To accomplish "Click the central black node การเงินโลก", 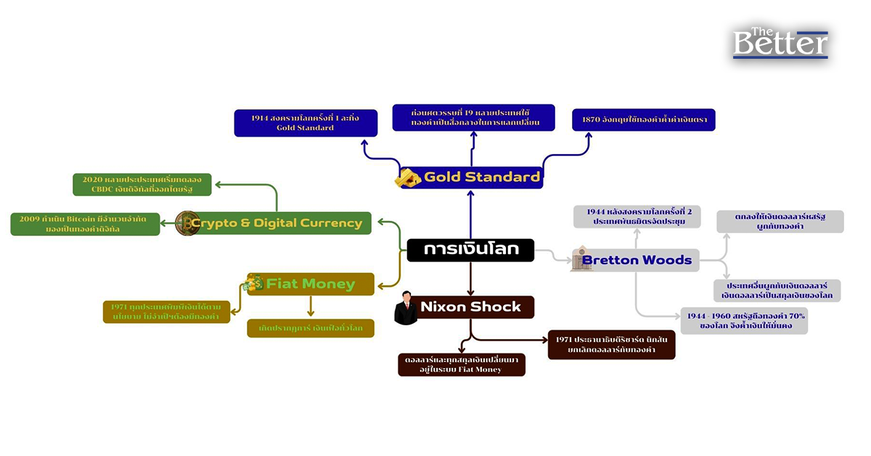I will click(470, 250).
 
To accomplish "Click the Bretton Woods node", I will click(637, 260).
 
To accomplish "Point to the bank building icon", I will click(581, 259).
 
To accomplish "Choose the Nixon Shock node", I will click(470, 307).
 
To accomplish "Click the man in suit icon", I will click(406, 308).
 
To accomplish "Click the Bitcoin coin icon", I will click(187, 223).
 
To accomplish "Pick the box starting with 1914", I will click(306, 123).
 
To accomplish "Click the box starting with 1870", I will click(644, 120).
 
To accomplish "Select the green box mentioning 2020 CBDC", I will click(142, 184).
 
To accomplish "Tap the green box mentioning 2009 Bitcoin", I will click(85, 224).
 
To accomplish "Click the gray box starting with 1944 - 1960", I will click(745, 321).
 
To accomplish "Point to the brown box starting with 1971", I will click(611, 344).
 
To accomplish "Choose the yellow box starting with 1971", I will click(166, 312).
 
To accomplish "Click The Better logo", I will click(780, 44).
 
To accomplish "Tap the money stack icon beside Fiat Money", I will click(254, 283).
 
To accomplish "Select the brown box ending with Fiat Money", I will click(461, 365).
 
